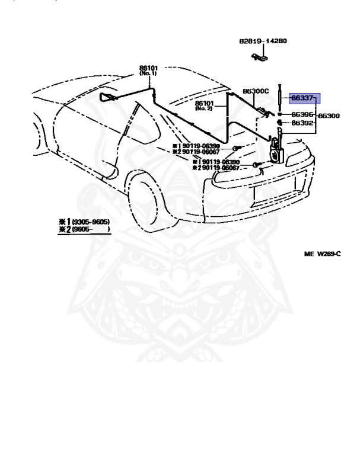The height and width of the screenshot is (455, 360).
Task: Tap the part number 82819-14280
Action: coord(263,41)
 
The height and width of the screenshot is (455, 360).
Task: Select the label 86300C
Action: coord(256,92)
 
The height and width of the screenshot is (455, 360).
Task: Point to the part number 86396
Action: coord(302,114)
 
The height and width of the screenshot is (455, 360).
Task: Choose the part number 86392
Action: coord(302,124)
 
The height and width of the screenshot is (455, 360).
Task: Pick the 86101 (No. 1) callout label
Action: coord(148,70)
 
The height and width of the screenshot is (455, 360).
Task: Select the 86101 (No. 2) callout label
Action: coord(203,105)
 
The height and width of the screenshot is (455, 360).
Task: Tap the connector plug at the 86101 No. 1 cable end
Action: coord(107,96)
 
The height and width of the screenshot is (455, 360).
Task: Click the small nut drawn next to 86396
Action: coord(280,114)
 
